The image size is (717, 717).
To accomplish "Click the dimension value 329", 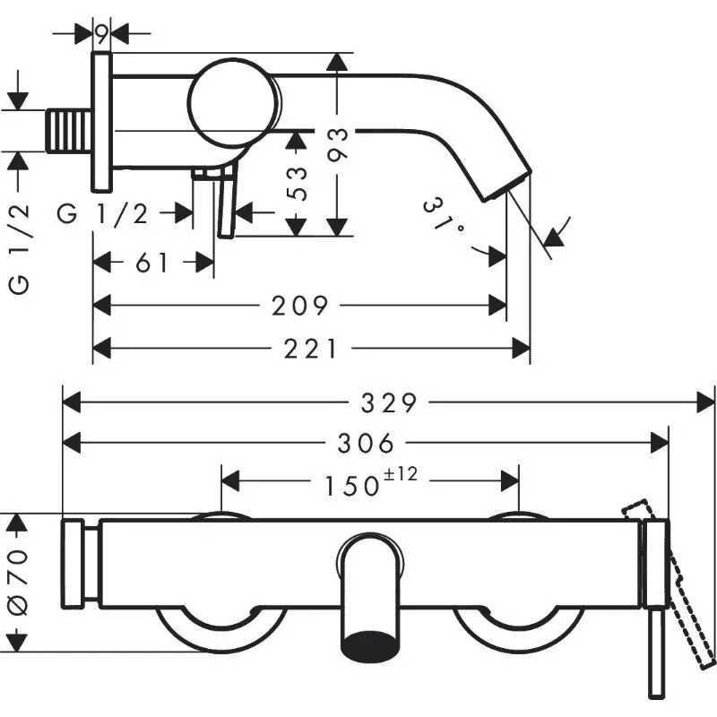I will (389, 403).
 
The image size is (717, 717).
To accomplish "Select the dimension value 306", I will (367, 443).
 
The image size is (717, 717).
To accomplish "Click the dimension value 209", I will (300, 307).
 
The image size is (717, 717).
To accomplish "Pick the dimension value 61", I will (152, 263).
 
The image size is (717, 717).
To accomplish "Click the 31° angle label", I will (445, 217).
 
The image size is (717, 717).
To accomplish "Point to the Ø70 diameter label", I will (19, 581).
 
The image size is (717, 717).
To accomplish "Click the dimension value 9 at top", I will (101, 35).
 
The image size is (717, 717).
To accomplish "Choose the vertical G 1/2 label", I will (19, 246).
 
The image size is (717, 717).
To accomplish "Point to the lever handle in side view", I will (225, 206).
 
